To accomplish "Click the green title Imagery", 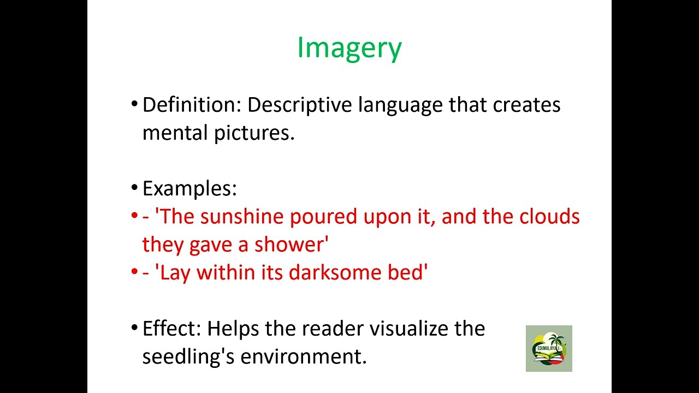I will click(349, 48).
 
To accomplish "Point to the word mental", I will click(175, 133).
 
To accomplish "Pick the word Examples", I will click(189, 189).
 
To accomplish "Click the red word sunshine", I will click(243, 217).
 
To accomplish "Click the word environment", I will click(303, 357).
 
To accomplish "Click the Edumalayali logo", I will click(549, 348).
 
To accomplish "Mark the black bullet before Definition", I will click(134, 103).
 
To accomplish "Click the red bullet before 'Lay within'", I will click(134, 271).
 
